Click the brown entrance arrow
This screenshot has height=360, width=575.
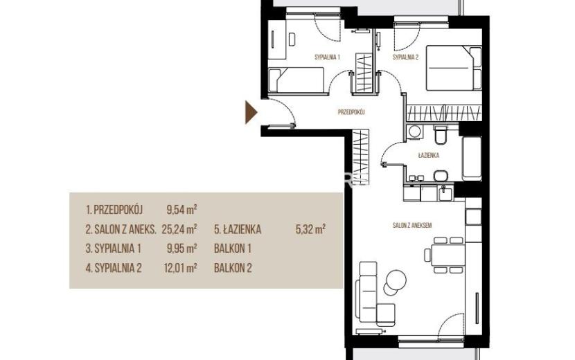pyautogui.click(x=251, y=113)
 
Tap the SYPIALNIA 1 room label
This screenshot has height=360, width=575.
pyautogui.click(x=328, y=57)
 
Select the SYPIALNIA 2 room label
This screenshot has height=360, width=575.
pyautogui.click(x=405, y=57)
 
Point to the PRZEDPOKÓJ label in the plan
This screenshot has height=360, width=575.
pyautogui.click(x=351, y=112)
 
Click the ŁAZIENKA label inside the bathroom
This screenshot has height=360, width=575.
pyautogui.click(x=428, y=156)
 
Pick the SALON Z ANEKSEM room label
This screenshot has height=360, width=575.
pyautogui.click(x=412, y=226)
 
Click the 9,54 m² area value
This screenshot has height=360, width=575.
pyautogui.click(x=182, y=210)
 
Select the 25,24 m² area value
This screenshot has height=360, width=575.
pyautogui.click(x=179, y=229)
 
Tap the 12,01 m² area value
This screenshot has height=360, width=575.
pyautogui.click(x=180, y=268)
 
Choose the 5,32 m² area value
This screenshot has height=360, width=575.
pyautogui.click(x=310, y=229)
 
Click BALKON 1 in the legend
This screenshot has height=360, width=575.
pyautogui.click(x=233, y=249)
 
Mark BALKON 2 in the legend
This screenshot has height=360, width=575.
pyautogui.click(x=233, y=268)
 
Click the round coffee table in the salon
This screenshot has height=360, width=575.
pyautogui.click(x=396, y=280)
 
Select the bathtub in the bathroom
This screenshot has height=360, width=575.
pyautogui.click(x=472, y=159)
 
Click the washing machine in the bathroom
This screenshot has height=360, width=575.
pyautogui.click(x=415, y=132)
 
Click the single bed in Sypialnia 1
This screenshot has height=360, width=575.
pyautogui.click(x=297, y=80)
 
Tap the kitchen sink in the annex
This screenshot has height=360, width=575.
pyautogui.click(x=446, y=193)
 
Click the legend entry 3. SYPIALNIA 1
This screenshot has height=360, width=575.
pyautogui.click(x=114, y=249)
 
